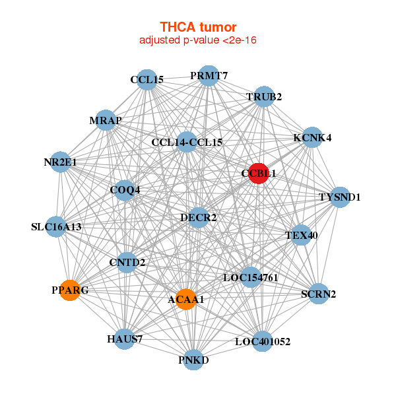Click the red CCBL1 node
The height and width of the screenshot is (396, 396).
pos(258,173)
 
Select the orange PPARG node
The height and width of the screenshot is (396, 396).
pos(70,290)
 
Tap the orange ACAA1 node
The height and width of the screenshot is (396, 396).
pos(186,299)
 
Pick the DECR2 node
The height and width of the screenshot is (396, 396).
pos(199,218)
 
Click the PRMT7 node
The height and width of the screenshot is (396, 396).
pos(209,76)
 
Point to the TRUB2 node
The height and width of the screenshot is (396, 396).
pos(264,96)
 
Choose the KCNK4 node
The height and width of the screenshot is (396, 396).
pos(312,137)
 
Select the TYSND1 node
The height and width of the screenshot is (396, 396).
pos(340,197)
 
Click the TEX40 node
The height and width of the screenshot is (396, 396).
pos(301,235)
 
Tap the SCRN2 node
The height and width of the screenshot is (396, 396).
pos(319,294)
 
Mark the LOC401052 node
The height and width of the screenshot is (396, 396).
pos(263,341)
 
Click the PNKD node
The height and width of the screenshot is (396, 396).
pos(193,360)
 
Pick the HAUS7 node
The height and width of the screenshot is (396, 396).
pos(125,339)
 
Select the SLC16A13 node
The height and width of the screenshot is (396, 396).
pos(56,227)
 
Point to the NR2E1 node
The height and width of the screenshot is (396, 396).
pos(60,162)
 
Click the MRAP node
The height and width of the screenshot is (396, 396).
pos(106,120)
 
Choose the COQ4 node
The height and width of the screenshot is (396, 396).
pos(125,191)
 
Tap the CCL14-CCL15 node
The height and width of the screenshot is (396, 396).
pos(187,142)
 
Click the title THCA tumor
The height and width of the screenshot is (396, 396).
pos(198,27)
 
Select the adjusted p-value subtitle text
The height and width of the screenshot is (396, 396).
pos(198,40)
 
